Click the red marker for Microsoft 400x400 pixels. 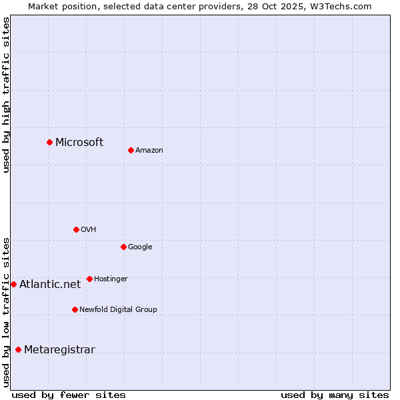coord(49,142)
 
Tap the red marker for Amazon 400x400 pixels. coord(131,150)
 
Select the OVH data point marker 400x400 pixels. coord(76,229)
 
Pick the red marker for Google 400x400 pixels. coord(123,247)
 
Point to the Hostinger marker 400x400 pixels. coord(89,279)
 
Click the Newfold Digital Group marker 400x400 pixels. coord(75,309)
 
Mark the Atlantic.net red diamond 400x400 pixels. coord(13,284)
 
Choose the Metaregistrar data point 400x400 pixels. coord(18,350)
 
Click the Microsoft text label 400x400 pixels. coord(79,142)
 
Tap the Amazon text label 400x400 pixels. coord(149,151)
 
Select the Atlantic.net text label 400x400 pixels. coord(50,284)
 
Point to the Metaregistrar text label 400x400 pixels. coord(59,350)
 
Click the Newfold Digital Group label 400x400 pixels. coord(118,309)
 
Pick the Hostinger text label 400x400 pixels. coord(111,279)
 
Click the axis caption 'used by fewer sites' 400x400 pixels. coord(69,395)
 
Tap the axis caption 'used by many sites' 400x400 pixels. coord(335,395)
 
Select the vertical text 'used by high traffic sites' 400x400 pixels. coord(6,95)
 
